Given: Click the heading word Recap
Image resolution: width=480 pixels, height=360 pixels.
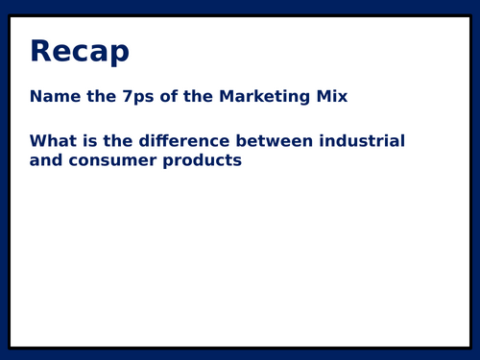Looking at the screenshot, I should coord(79,52).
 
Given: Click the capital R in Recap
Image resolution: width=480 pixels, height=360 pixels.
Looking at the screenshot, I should coord(40,52).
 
